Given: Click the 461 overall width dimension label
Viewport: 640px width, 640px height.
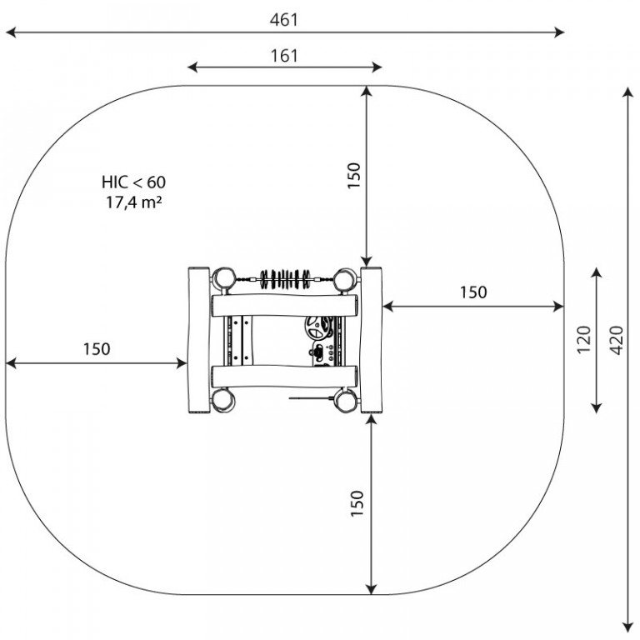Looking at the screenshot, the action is click(284, 20).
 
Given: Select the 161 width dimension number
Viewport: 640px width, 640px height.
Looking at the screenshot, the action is click(284, 56).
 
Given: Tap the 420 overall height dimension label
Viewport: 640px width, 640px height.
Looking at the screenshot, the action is click(617, 340).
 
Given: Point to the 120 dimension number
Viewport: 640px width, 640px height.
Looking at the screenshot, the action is click(584, 340).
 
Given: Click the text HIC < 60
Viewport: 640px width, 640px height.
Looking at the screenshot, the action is click(134, 182).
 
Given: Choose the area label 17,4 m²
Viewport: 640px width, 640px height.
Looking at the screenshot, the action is click(134, 202).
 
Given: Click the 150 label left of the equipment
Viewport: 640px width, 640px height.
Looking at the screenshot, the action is click(97, 349).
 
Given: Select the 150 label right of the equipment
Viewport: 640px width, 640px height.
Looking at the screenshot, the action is click(473, 292).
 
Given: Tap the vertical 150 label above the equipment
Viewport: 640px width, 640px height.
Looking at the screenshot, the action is click(354, 176).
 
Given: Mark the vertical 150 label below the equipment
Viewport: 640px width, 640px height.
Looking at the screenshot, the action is click(357, 503).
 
